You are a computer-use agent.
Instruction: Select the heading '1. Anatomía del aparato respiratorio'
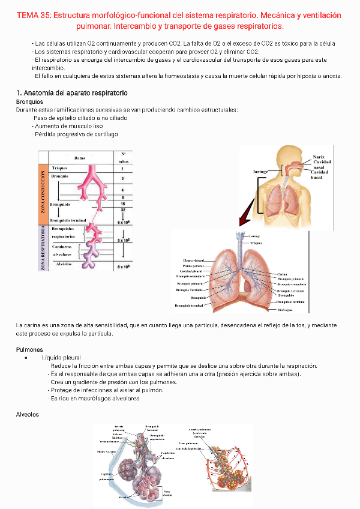[x=71, y=93]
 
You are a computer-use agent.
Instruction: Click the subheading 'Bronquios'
[x=30, y=101]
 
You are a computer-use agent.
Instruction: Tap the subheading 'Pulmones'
[x=29, y=349]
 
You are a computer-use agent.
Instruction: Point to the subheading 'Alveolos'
[x=28, y=414]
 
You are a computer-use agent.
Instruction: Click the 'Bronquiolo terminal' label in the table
[x=72, y=220]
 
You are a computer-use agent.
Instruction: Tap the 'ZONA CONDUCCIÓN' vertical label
[x=43, y=193]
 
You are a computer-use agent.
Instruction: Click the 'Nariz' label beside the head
[x=318, y=157]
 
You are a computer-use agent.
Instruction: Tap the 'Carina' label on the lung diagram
[x=282, y=274]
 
